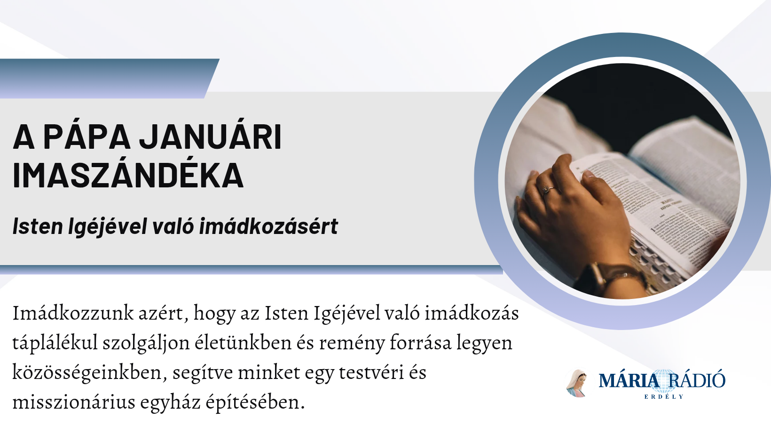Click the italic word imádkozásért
pos(268,226)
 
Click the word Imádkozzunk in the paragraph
pos(73,314)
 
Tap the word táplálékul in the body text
pos(55,344)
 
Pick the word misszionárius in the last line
pos(74,402)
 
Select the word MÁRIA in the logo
pos(628,381)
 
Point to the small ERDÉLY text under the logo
pos(664,397)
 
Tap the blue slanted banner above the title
pos(107,79)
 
